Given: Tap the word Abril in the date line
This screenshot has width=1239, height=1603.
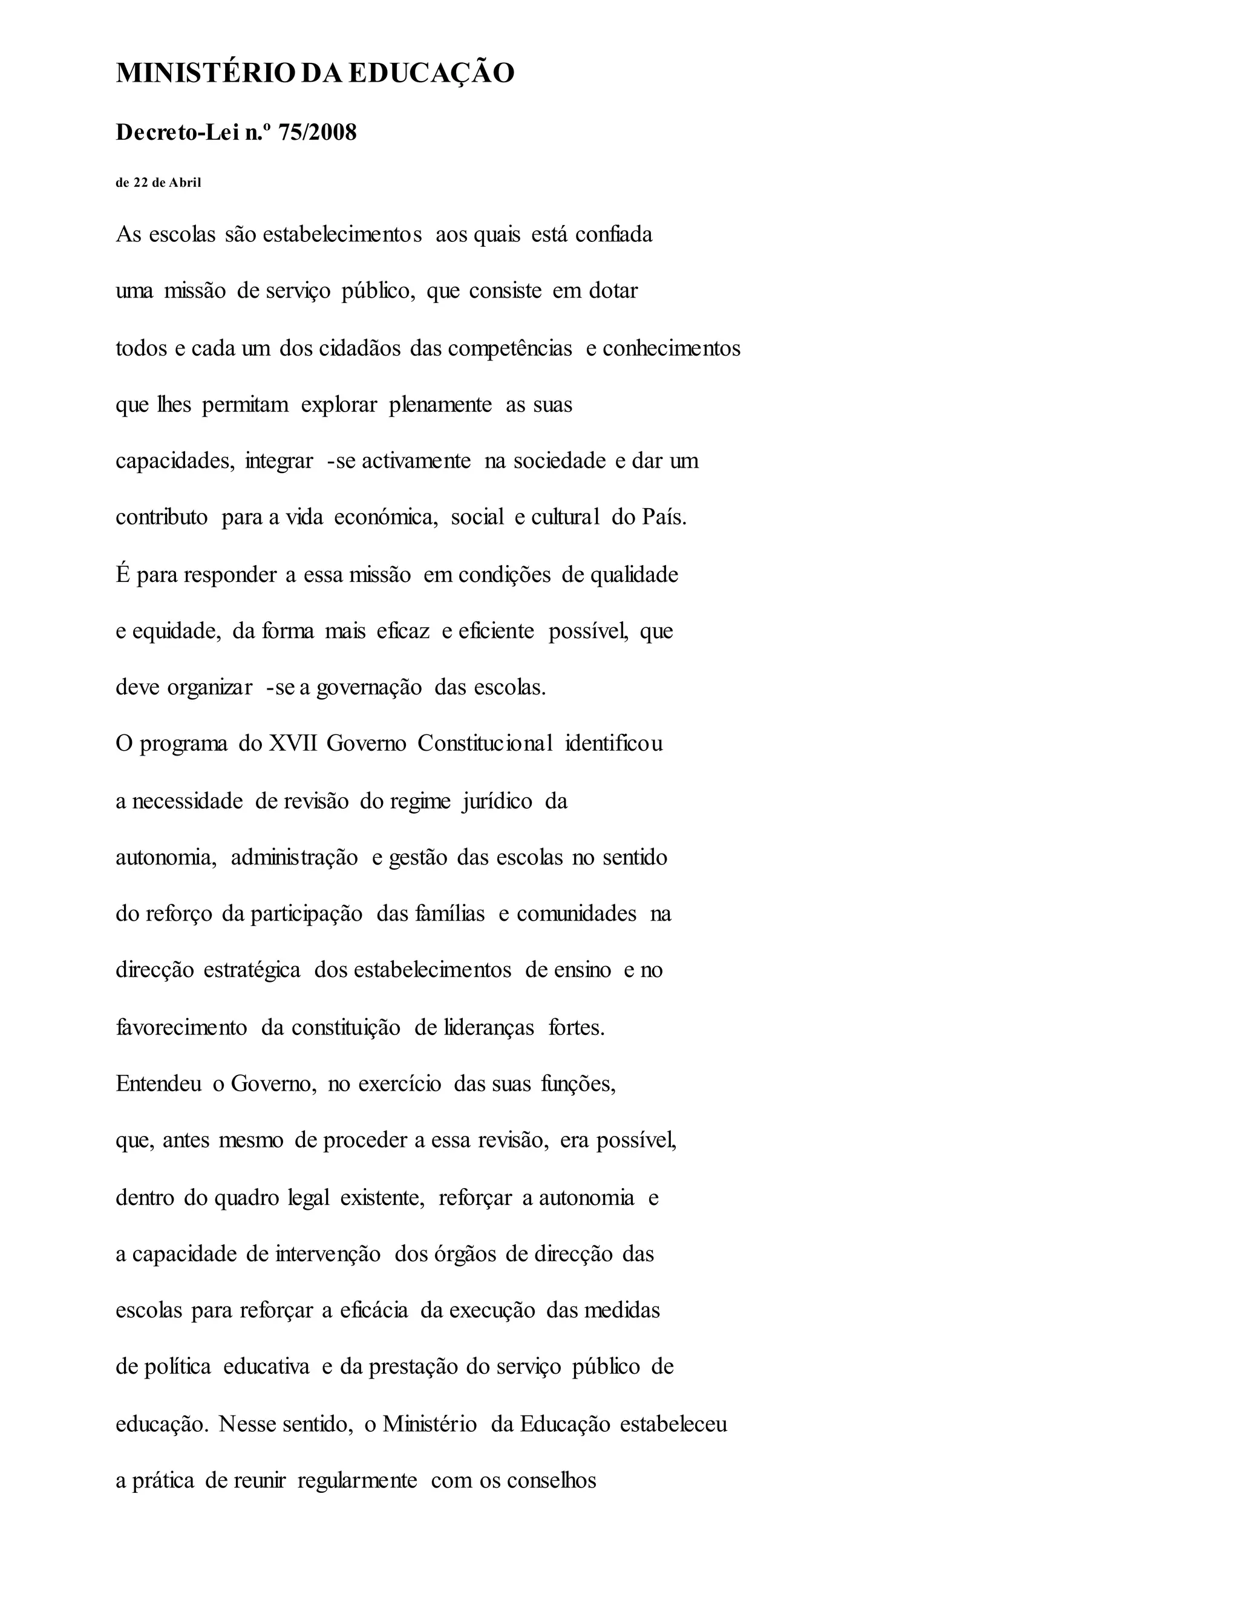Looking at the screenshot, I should [185, 183].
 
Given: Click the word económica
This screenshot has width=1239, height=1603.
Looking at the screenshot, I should [386, 517].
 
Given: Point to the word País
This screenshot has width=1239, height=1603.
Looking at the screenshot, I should [664, 517].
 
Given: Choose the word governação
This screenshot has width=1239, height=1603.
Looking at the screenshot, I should [368, 688].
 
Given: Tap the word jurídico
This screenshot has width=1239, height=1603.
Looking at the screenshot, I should [497, 801].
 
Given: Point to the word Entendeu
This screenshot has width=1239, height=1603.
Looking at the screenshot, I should [159, 1084].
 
